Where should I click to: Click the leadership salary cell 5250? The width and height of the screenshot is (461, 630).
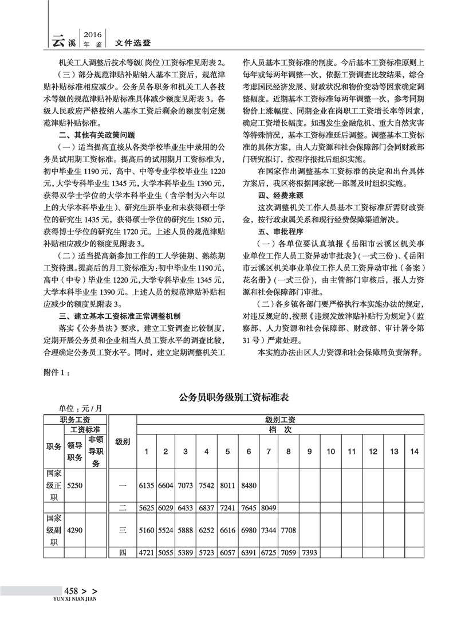[x=75, y=485]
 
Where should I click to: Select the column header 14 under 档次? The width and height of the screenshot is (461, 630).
[x=415, y=452]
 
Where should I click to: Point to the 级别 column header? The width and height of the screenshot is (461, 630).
[x=123, y=442]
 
